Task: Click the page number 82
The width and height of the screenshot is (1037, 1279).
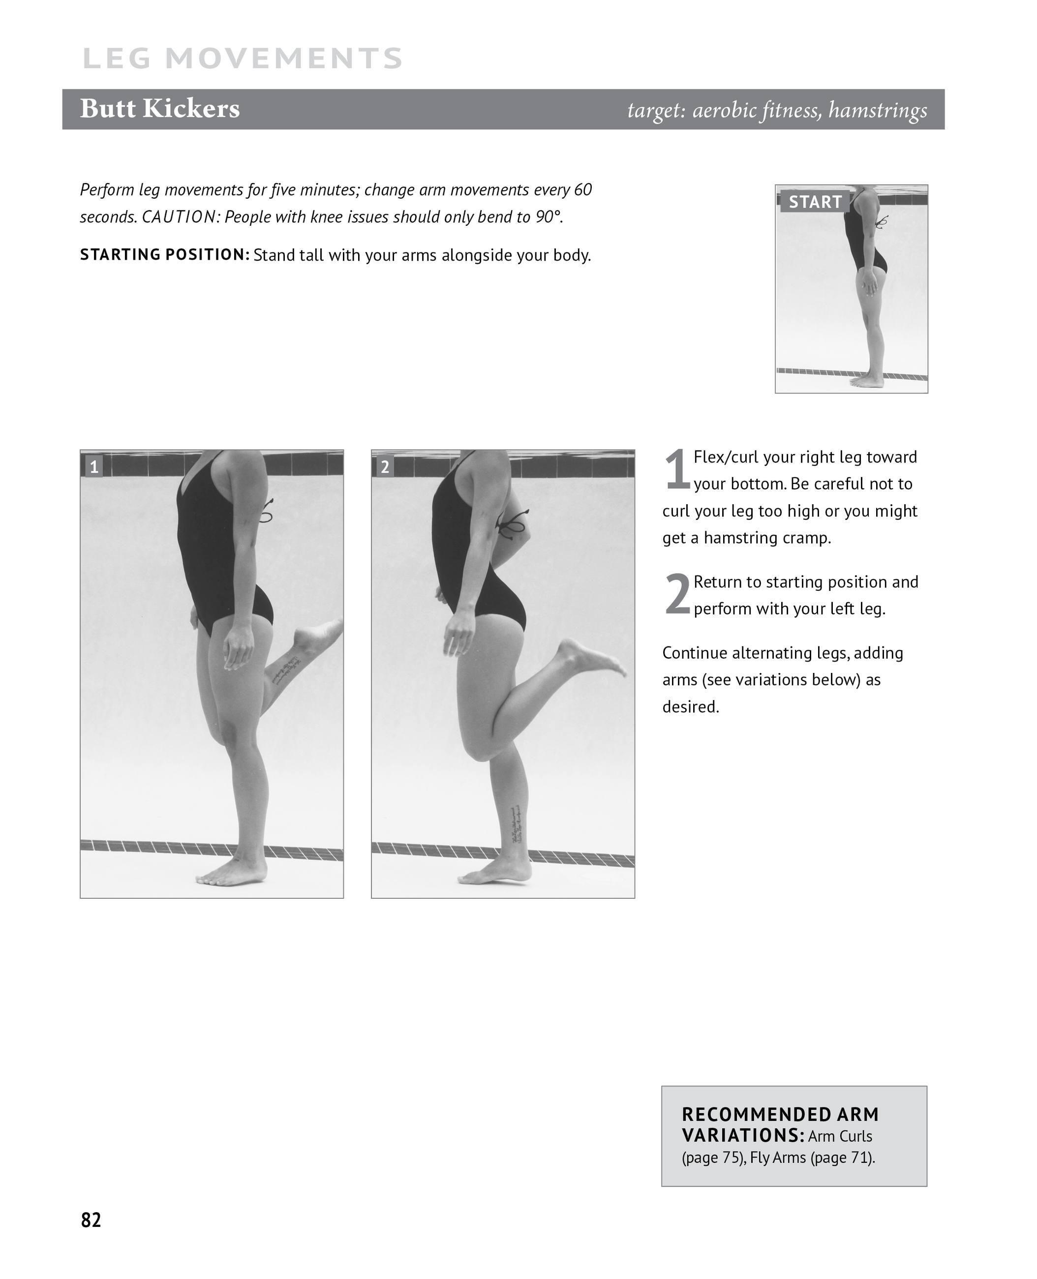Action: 91,1219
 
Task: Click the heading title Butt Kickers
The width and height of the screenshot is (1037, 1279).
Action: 159,109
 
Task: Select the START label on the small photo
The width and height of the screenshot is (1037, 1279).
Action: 815,202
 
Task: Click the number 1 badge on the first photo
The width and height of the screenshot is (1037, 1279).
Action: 94,466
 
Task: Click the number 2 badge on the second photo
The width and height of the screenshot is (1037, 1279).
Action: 385,466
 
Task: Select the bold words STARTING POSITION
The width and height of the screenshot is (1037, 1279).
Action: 165,254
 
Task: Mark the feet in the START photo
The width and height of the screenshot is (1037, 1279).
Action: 867,381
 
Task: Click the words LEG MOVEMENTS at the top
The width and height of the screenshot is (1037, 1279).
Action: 242,59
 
